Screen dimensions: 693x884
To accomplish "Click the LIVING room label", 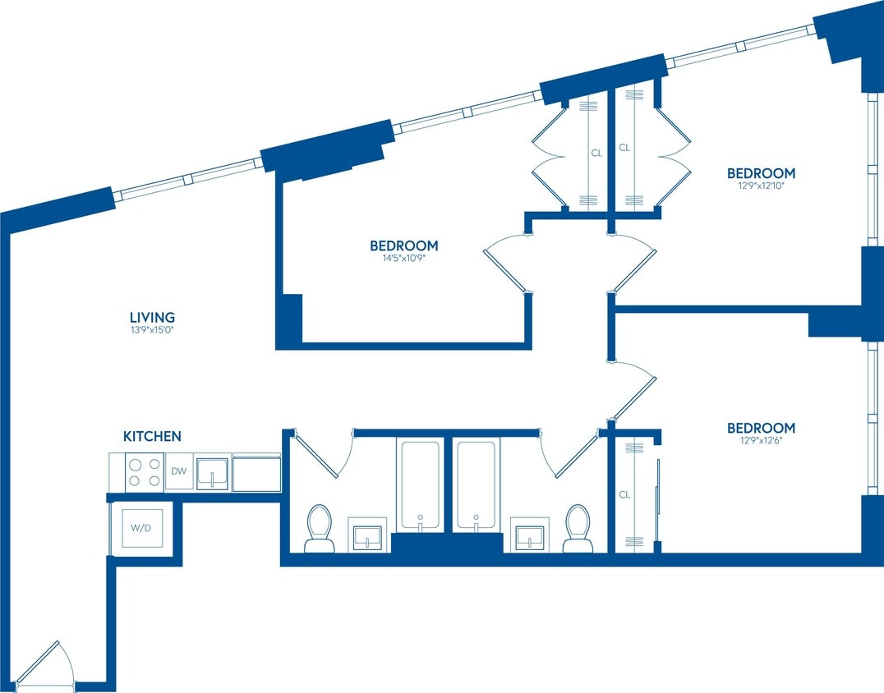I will pos(152,317).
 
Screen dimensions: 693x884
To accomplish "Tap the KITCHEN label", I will pos(152,436).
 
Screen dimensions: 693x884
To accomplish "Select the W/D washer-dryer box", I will pos(140,527).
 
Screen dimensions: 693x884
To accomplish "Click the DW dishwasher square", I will pos(179,471).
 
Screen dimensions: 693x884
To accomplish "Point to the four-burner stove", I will pos(145,472).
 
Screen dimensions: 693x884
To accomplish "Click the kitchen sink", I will pos(212,472).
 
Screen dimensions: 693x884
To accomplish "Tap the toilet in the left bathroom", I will pos(319,528).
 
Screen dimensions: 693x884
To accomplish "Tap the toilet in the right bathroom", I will pos(578,528).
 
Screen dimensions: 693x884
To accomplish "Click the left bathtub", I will pos(421,484).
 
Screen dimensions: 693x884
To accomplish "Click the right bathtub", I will pos(477,484).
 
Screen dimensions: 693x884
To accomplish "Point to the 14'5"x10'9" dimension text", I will pos(403,259).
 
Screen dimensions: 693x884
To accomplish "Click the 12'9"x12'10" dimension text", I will pos(761,186).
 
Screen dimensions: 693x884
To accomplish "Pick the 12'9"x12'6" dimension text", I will pos(761,441).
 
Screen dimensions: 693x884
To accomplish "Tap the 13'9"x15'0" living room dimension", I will pos(152,330).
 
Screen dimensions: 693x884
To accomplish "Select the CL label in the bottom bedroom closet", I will pos(624,495).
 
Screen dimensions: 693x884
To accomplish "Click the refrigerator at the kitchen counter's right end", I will pos(256,472).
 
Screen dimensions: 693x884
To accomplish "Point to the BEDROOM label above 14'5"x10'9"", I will pos(403,246).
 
